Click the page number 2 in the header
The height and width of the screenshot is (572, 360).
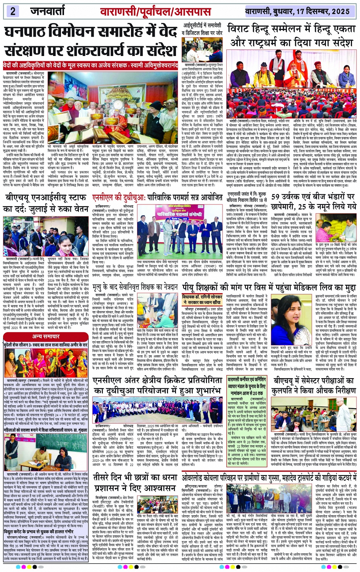pyautogui.click(x=13, y=11)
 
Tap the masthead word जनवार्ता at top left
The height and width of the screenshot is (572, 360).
pyautogui.click(x=47, y=11)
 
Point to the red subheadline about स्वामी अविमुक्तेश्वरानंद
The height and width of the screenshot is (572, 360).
pyautogui.click(x=90, y=65)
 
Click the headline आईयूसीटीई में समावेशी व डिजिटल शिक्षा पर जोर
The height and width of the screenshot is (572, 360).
pyautogui.click(x=202, y=29)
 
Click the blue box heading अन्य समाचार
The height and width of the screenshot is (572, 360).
pyautogui.click(x=46, y=336)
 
